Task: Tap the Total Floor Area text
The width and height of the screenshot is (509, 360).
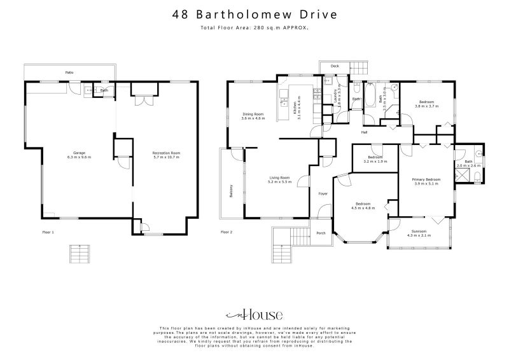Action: (x=254, y=29)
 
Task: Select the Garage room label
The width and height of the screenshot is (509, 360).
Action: (x=79, y=153)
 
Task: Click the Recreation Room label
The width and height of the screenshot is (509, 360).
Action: (x=166, y=153)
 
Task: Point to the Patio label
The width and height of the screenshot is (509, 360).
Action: (x=69, y=73)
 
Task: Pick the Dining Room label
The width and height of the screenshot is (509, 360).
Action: (x=253, y=114)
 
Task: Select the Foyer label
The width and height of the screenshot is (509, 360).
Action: (x=323, y=193)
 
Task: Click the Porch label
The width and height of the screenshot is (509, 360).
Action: (x=321, y=233)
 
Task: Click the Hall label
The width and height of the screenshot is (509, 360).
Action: (x=365, y=132)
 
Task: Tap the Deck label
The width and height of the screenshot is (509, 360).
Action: (x=334, y=66)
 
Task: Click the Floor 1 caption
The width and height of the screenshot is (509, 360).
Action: (x=48, y=232)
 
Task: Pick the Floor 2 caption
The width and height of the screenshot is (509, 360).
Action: (x=227, y=232)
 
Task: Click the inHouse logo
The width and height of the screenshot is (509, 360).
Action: (x=254, y=315)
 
